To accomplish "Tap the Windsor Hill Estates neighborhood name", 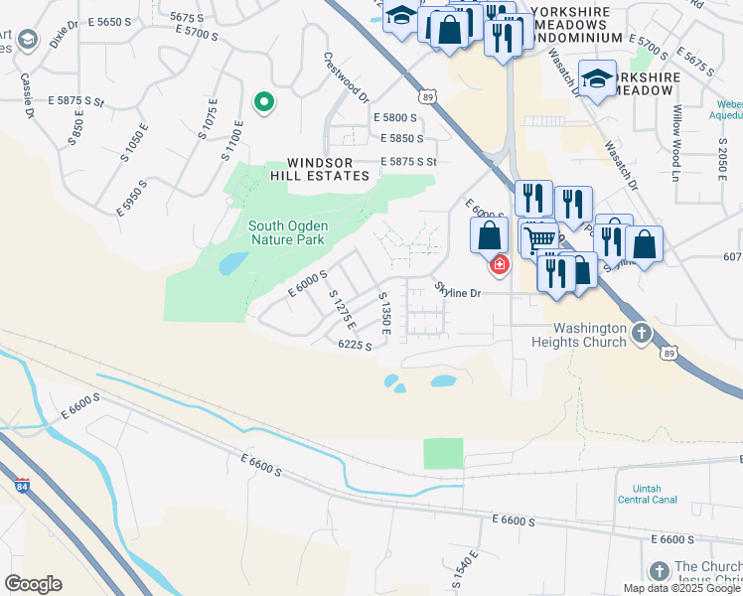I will (x=327, y=169).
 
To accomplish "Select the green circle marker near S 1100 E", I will (x=264, y=101).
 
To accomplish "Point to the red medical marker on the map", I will (x=499, y=264).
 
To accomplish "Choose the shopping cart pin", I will (x=538, y=239).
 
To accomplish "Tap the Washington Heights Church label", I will (x=590, y=336).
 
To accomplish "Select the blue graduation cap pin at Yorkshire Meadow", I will (x=597, y=78).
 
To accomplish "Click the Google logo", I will (x=33, y=584).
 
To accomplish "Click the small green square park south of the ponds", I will (x=443, y=453).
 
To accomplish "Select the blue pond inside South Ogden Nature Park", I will (x=232, y=263).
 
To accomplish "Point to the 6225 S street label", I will (x=355, y=345).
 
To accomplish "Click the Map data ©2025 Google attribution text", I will (x=681, y=588).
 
